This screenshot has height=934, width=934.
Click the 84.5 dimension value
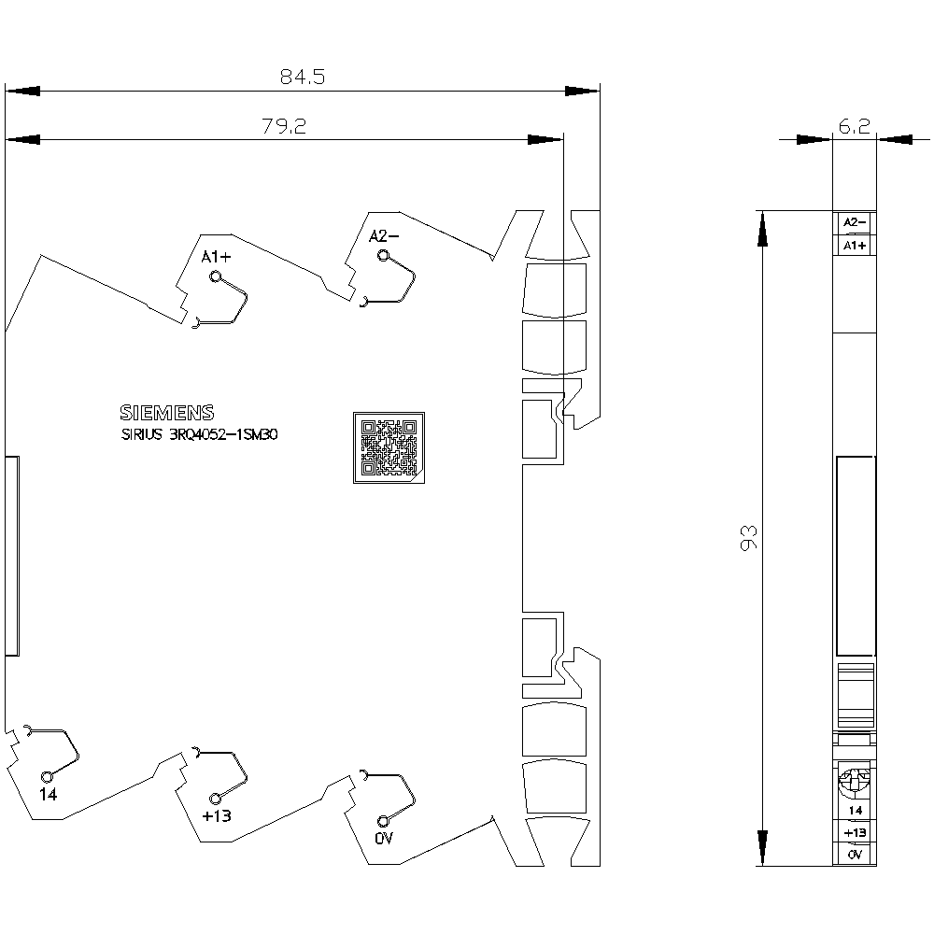[x=303, y=77]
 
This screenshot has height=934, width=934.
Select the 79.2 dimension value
[x=284, y=126]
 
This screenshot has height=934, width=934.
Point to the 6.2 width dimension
[x=855, y=126]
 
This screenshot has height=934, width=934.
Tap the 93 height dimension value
[x=748, y=538]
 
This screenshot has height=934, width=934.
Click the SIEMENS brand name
[x=167, y=413]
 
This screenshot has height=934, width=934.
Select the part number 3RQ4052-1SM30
[x=223, y=434]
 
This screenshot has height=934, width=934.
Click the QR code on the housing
[x=389, y=447]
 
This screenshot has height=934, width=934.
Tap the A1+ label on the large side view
[x=216, y=258]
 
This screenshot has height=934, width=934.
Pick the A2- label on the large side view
[x=384, y=236]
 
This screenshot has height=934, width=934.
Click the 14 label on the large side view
[x=49, y=795]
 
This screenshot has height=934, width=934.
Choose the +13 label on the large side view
[x=217, y=816]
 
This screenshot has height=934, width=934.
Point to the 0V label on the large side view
[x=384, y=839]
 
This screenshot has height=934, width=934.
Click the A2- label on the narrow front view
[x=855, y=222]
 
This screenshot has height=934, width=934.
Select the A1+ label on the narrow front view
[x=855, y=246]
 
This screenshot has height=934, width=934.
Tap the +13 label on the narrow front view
[x=855, y=833]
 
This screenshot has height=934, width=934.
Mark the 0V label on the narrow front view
[x=855, y=855]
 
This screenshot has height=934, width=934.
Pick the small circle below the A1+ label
[x=216, y=276]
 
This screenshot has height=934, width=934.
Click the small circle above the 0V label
[x=384, y=820]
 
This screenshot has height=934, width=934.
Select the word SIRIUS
[x=142, y=434]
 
